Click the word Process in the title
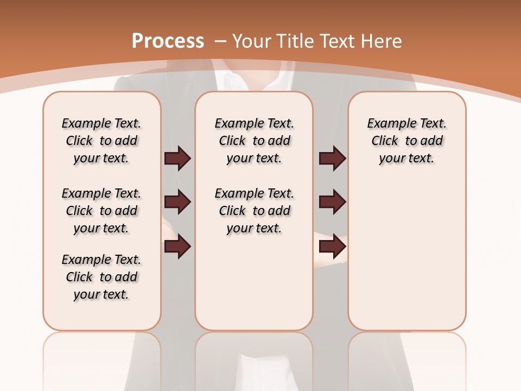pyautogui.click(x=168, y=41)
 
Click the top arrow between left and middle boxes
pyautogui.click(x=177, y=158)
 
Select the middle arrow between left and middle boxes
pyautogui.click(x=177, y=203)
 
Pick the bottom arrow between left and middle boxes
pyautogui.click(x=177, y=247)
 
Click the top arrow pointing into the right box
pyautogui.click(x=332, y=158)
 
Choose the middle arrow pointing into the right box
pyautogui.click(x=332, y=203)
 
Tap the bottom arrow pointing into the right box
pyautogui.click(x=332, y=247)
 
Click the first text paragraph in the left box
pyautogui.click(x=101, y=141)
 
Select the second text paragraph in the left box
pyautogui.click(x=101, y=211)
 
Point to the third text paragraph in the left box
pyautogui.click(x=101, y=277)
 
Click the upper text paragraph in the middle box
pyautogui.click(x=255, y=141)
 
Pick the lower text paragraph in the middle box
pyautogui.click(x=255, y=211)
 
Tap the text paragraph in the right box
pyautogui.click(x=407, y=141)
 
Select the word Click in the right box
pyautogui.click(x=385, y=141)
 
